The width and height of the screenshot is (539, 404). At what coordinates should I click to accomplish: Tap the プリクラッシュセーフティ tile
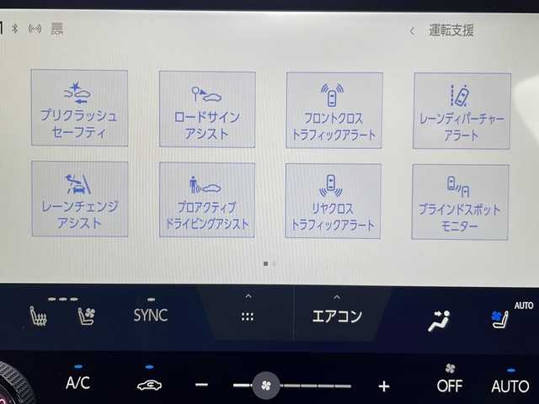[79, 108]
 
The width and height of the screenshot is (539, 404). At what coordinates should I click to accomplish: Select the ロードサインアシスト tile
[207, 109]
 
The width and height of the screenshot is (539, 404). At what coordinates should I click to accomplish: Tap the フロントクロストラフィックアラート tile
[334, 110]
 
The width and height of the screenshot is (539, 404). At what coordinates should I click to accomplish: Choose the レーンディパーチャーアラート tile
[462, 111]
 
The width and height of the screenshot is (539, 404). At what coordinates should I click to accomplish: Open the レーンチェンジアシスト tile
[80, 199]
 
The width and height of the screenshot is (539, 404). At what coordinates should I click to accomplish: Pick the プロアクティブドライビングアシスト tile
[207, 200]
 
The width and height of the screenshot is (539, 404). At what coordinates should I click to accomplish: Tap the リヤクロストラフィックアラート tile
[334, 201]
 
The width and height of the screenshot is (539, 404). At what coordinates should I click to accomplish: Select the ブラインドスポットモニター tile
[461, 202]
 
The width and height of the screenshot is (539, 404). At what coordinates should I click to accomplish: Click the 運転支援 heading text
[451, 30]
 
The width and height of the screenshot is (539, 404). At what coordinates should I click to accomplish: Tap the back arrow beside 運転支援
[412, 31]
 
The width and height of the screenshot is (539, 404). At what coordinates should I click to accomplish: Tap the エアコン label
[337, 316]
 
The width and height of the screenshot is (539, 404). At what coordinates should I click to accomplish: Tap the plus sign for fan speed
[384, 386]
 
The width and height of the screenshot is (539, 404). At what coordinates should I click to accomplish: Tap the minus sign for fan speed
[201, 385]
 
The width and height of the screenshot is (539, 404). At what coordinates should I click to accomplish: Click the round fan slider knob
[266, 385]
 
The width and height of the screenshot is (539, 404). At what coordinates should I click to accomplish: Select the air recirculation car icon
[149, 385]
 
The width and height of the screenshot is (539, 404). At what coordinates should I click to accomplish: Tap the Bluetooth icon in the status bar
[15, 28]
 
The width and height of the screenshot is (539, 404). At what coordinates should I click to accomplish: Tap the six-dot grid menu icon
[248, 316]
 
